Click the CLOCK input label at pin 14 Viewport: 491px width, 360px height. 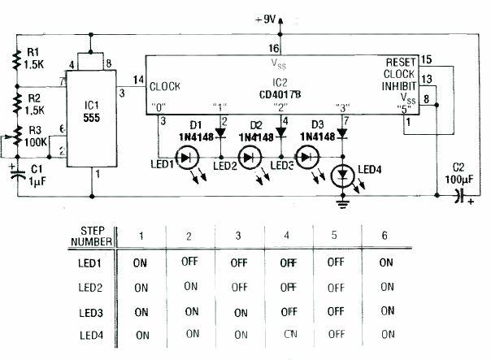(164, 86)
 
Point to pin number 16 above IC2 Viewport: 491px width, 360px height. (272, 49)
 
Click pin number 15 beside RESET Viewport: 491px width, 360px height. (427, 60)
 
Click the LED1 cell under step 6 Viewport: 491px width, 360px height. (387, 262)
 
